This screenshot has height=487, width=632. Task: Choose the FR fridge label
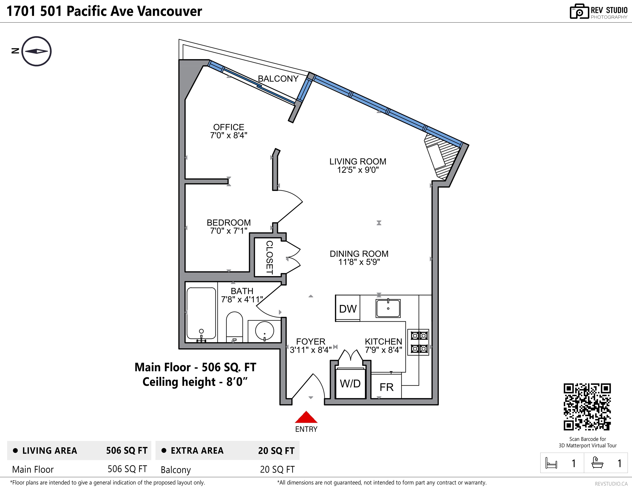pyautogui.click(x=387, y=387)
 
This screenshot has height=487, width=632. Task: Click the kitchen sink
pyautogui.click(x=388, y=308)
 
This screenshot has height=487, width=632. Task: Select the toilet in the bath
pyautogui.click(x=234, y=327)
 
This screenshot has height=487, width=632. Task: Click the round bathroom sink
pyautogui.click(x=264, y=331)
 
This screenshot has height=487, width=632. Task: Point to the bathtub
pyautogui.click(x=201, y=313)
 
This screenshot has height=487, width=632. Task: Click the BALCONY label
pyautogui.click(x=278, y=79)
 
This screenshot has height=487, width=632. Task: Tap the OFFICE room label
pyautogui.click(x=229, y=127)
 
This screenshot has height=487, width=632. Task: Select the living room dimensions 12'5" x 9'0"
pyautogui.click(x=358, y=170)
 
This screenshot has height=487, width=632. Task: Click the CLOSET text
pyautogui.click(x=269, y=257)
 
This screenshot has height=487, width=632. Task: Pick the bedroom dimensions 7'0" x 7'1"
pyautogui.click(x=229, y=231)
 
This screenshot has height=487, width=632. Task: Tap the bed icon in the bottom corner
pyautogui.click(x=551, y=463)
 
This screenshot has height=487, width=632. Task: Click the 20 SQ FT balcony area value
pyautogui.click(x=277, y=469)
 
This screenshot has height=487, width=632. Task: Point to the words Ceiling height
pyautogui.click(x=179, y=382)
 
